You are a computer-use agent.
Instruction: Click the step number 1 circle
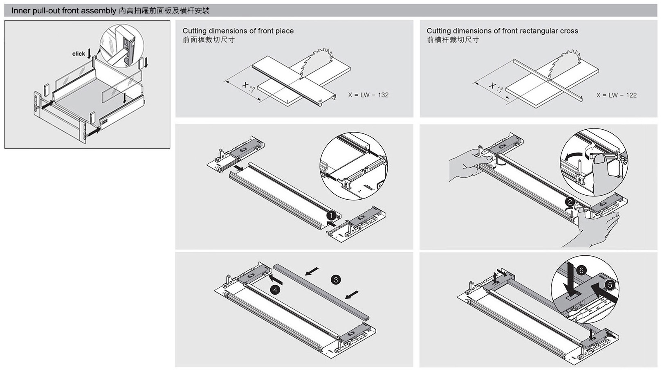point(332,215)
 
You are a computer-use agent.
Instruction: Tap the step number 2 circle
point(570,202)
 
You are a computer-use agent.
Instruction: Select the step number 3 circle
point(336,280)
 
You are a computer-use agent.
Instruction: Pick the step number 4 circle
point(275,290)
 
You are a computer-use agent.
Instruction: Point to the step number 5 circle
point(609,285)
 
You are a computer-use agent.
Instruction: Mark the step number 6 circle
point(581,270)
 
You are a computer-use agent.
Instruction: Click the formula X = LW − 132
point(368,95)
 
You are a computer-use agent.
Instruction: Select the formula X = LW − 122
point(616,95)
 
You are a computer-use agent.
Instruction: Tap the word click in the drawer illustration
point(79,54)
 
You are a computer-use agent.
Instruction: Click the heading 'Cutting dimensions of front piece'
point(238,31)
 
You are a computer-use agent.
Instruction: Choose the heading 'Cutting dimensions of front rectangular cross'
point(502,31)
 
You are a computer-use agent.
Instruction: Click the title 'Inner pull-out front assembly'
point(64,11)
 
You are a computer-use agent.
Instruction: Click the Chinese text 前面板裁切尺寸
point(209,40)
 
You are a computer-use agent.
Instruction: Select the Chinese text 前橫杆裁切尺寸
point(453,40)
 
